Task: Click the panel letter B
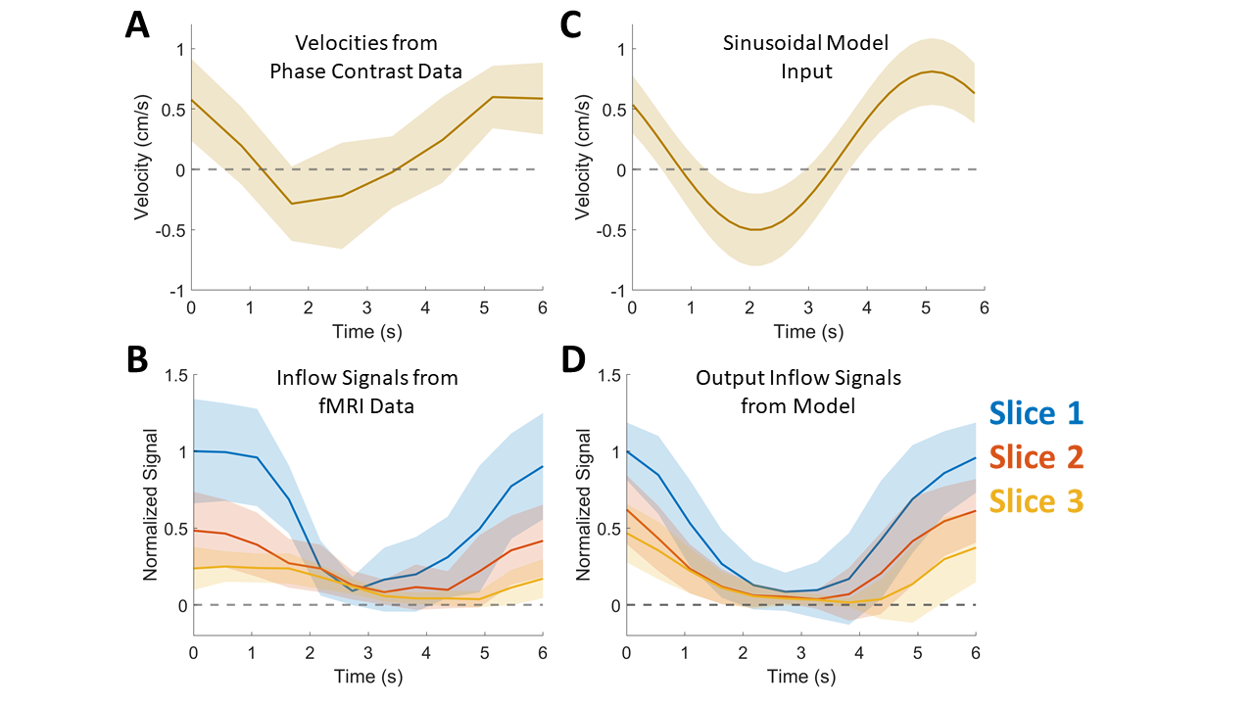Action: pos(138,359)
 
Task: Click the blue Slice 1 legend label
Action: pos(1036,413)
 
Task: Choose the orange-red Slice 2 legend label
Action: pos(1036,457)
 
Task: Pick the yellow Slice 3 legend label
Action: pos(1036,501)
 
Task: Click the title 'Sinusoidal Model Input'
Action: pos(804,57)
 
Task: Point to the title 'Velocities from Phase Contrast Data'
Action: pos(366,57)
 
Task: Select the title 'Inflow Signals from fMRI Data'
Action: pos(366,391)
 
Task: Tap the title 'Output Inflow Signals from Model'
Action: pos(775,391)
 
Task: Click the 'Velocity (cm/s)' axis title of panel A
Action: pos(148,169)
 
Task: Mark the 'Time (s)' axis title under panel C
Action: pos(808,332)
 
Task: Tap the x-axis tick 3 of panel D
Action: pos(802,653)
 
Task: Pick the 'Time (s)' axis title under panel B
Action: pos(368,677)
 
